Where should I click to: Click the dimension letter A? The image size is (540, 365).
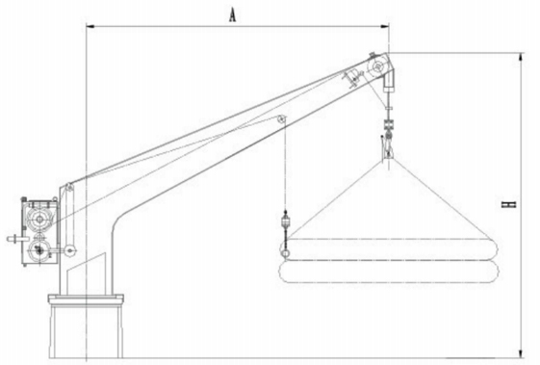point(233,15)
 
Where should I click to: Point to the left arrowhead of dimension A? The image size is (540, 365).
point(90,25)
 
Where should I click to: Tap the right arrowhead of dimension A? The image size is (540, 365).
point(385,25)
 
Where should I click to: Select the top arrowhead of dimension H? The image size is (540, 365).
point(522,58)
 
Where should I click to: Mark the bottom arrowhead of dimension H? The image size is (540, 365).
point(522,353)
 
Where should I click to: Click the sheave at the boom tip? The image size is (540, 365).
point(377,66)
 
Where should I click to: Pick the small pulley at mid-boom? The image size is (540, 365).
point(281,119)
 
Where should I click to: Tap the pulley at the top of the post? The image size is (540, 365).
point(69,188)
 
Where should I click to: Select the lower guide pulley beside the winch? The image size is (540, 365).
point(70,250)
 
